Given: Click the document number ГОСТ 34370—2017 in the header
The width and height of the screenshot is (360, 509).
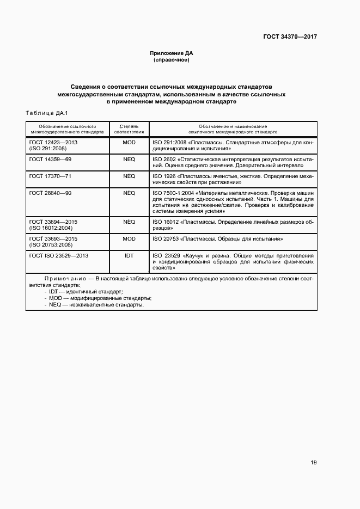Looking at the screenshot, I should pos(290,37).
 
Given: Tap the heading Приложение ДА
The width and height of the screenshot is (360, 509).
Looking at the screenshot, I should pos(172,53).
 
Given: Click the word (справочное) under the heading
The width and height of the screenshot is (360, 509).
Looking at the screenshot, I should pos(172,60).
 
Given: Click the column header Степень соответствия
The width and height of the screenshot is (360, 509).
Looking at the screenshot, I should pos(129,128).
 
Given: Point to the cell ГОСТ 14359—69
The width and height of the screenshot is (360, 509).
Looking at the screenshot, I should pos(50,160).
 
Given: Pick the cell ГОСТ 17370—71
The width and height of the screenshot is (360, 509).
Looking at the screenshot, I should pos(50,176).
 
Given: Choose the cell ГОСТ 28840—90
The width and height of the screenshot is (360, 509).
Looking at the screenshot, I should pos(50,193).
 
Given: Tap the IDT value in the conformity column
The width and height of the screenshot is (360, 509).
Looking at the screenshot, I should pos(129,255).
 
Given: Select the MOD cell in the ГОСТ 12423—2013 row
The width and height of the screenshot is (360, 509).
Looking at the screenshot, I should pos(129,143).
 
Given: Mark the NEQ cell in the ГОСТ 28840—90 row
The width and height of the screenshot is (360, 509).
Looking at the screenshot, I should pos(129,193).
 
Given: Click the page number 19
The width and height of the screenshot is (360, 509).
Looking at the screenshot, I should pos(313,463).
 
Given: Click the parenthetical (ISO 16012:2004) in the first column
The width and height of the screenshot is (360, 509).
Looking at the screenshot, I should pos(51,228).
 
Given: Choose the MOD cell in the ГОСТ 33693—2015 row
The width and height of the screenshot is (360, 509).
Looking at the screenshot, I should pos(129,238).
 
